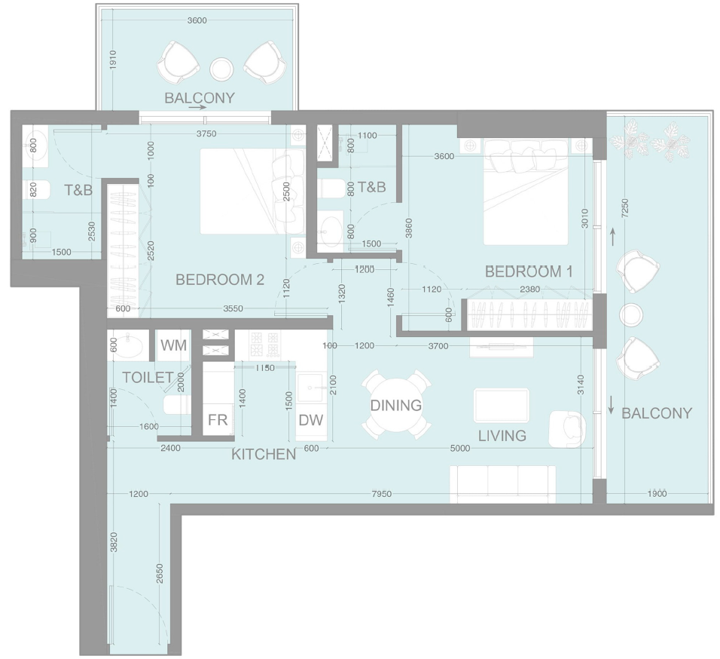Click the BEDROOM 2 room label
[220, 280]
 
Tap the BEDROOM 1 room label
[529, 271]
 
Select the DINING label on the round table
[396, 405]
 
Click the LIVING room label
[502, 435]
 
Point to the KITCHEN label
[264, 454]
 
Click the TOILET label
[148, 377]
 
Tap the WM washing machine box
[173, 345]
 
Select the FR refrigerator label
[218, 419]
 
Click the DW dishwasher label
[311, 419]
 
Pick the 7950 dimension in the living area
[382, 494]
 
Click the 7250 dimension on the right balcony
[624, 208]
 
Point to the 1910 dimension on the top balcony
[114, 60]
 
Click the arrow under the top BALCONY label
[197, 108]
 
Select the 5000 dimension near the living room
[460, 448]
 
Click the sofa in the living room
[503, 484]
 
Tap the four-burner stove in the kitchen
[264, 345]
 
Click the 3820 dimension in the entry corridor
[114, 542]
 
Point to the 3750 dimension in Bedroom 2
[206, 133]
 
